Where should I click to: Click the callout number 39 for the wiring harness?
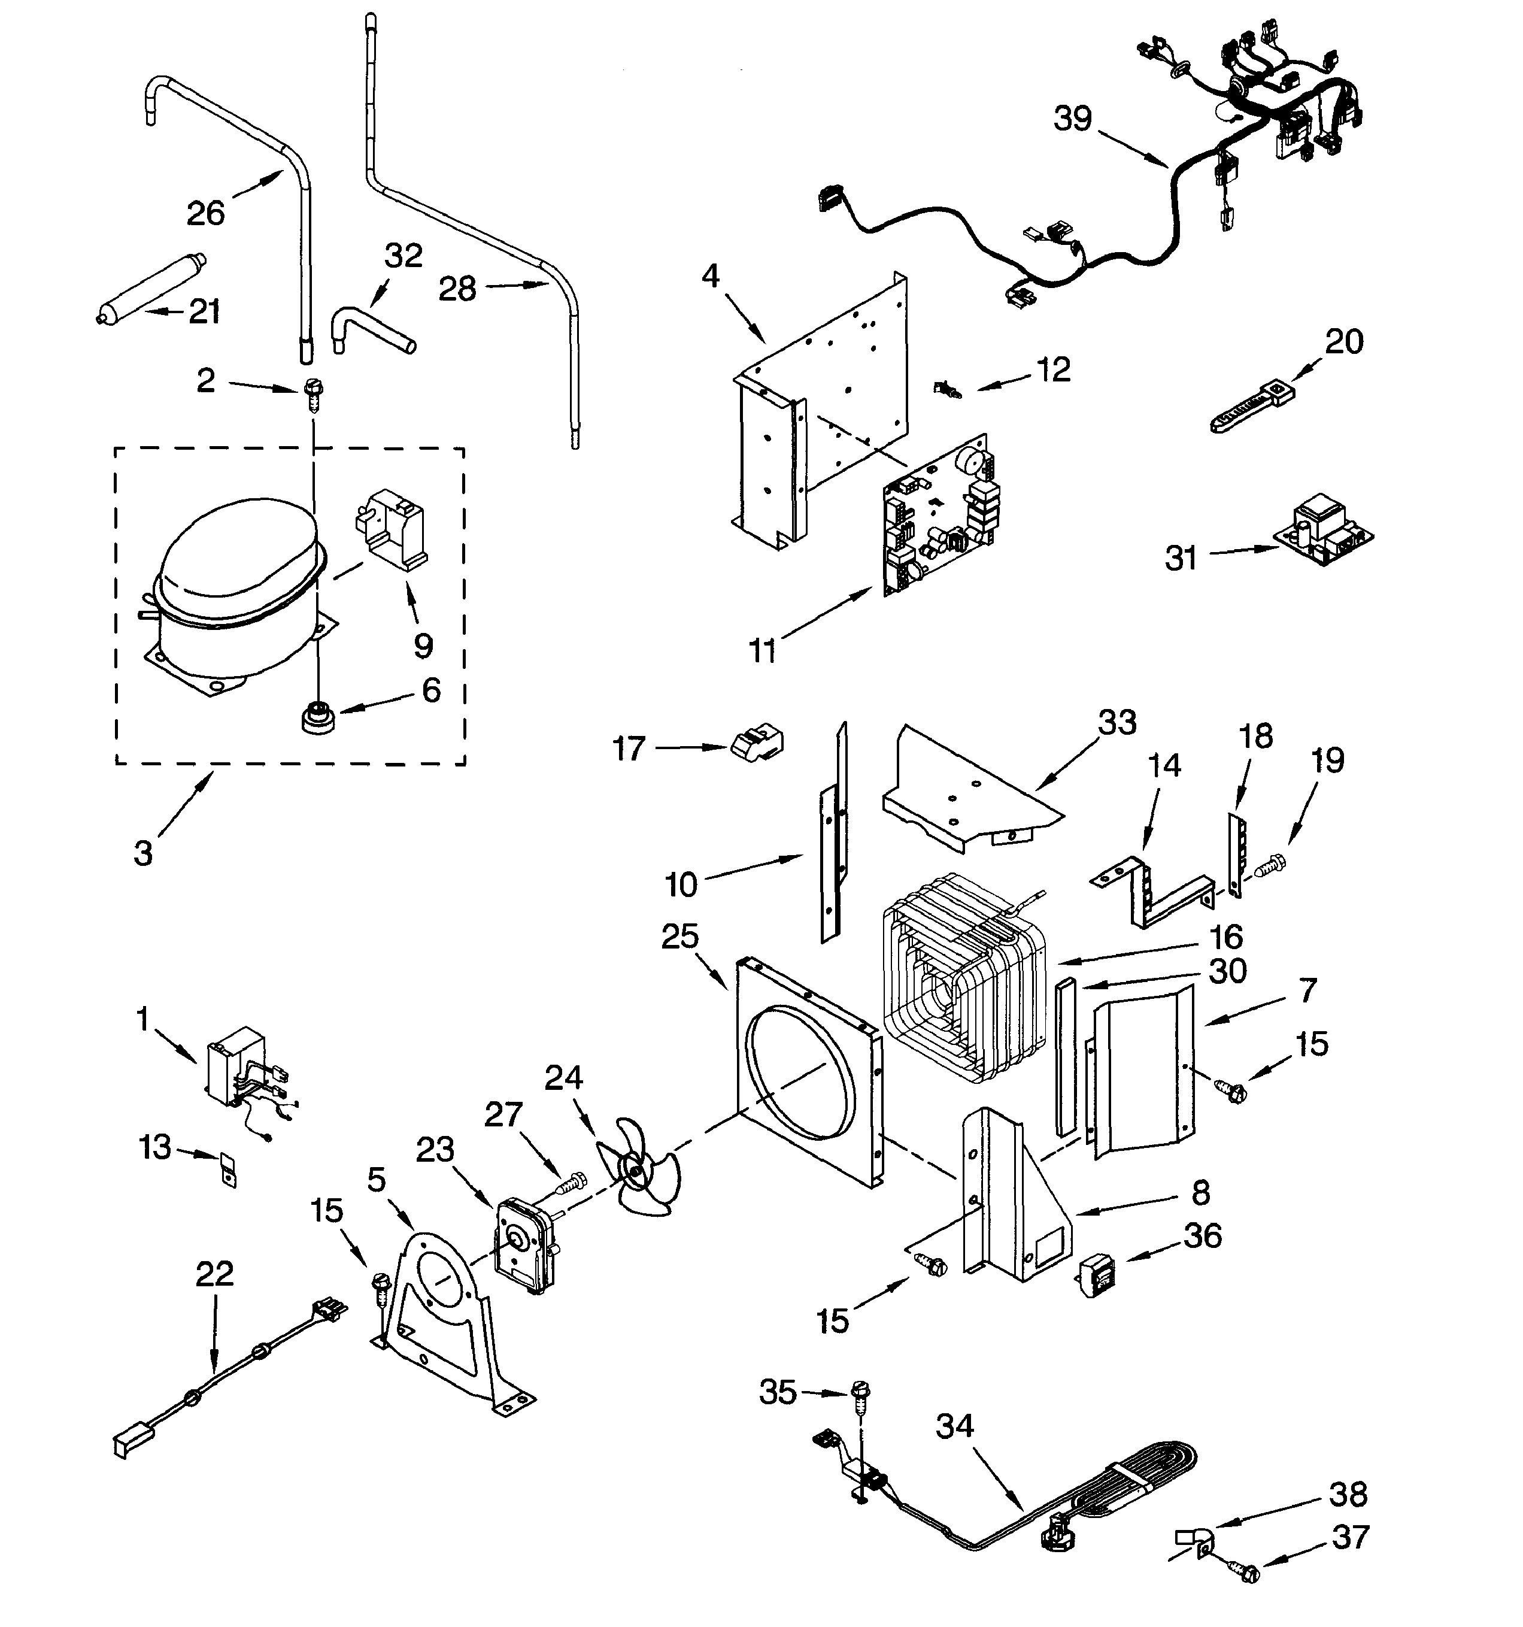[1072, 119]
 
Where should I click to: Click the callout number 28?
[457, 289]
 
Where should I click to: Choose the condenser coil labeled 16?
[966, 974]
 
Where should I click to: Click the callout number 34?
[954, 1426]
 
